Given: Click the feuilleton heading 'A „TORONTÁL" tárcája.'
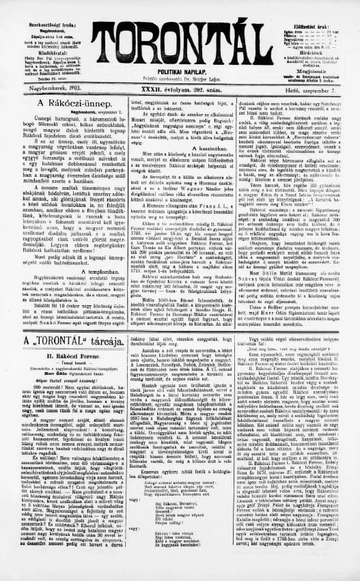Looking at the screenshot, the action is pos(64,359).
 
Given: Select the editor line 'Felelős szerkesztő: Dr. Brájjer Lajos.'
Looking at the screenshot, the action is pos(180,75).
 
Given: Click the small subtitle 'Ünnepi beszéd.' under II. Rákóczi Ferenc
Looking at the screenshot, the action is pos(64,382).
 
